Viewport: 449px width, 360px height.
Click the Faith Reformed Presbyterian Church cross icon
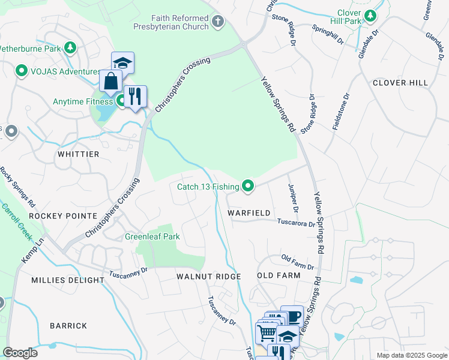(x=217, y=22)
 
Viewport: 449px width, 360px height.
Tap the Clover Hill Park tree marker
(x=371, y=16)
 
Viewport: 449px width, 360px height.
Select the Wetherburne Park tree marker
(x=71, y=47)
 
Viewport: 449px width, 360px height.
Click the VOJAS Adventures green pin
(x=22, y=71)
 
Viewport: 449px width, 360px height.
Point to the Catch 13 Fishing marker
(x=247, y=187)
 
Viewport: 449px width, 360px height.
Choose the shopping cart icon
(x=266, y=332)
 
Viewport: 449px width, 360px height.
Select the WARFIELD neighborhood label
(x=249, y=213)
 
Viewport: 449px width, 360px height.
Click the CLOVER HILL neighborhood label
(x=400, y=83)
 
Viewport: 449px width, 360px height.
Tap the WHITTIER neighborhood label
(x=78, y=154)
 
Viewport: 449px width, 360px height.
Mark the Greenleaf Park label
(x=152, y=236)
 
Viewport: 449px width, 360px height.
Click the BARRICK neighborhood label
(x=68, y=326)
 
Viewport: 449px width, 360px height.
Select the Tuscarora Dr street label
(x=295, y=223)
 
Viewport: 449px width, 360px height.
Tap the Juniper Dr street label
(x=293, y=198)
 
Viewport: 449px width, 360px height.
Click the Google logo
(x=20, y=353)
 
